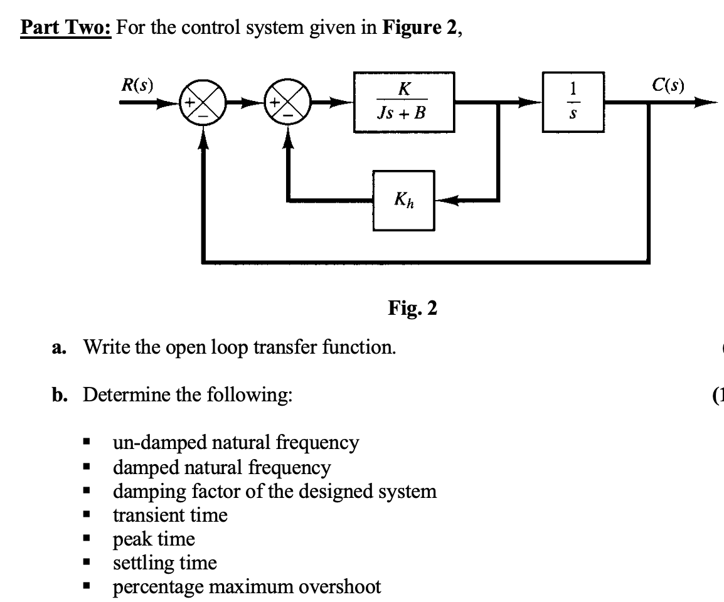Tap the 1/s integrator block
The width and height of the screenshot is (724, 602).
[573, 102]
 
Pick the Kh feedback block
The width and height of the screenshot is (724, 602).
[404, 201]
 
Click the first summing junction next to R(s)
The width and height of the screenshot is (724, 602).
[202, 103]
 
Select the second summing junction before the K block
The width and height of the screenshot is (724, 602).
[287, 103]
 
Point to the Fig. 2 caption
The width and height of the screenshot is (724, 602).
[412, 308]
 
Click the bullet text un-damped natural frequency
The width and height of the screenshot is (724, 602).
[236, 443]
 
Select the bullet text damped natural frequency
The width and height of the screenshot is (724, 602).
[221, 467]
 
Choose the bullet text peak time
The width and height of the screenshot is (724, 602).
[154, 539]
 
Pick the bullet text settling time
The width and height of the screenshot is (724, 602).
[164, 563]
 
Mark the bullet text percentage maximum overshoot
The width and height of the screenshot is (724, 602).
[247, 587]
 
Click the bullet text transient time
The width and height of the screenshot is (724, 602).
[170, 515]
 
